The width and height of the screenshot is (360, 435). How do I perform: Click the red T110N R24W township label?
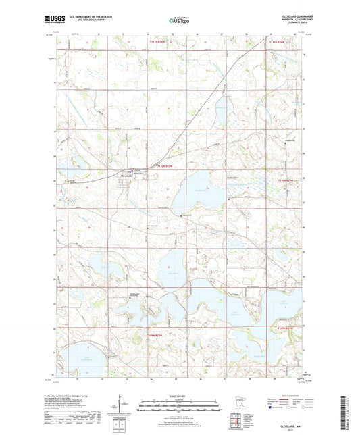point(286,180)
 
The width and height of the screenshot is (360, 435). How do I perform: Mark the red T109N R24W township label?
point(286,328)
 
